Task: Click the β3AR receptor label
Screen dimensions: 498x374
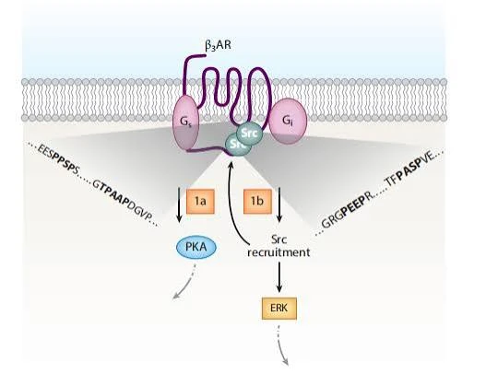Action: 218,45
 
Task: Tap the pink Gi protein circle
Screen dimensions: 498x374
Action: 288,122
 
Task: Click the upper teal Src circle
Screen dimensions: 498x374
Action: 249,133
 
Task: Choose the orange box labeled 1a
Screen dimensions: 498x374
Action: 200,202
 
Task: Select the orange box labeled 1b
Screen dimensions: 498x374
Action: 257,202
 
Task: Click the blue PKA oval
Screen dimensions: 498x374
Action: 196,247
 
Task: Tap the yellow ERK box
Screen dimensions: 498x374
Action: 279,308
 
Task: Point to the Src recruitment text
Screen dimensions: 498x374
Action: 279,246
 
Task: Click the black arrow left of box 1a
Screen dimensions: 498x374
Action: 179,205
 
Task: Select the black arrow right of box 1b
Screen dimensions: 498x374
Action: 279,205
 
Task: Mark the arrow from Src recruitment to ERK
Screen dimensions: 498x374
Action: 279,276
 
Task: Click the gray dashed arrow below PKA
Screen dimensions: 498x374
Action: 188,284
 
